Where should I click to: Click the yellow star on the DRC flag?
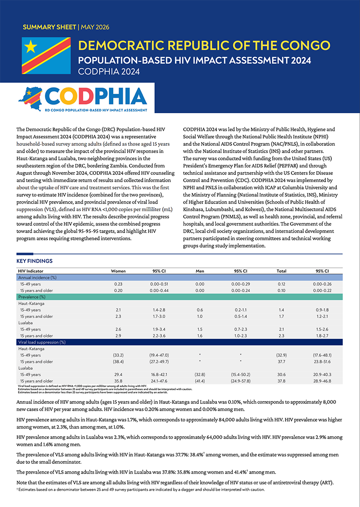tap(31, 47)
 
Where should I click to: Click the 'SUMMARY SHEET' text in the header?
tap(50, 27)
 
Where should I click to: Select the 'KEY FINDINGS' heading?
tap(34, 261)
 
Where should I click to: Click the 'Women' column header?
tap(118, 271)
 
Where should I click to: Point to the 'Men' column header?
tap(200, 271)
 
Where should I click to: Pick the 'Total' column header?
tap(281, 271)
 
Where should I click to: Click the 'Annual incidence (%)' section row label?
tap(38, 278)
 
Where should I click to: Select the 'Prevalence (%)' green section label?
tap(32, 297)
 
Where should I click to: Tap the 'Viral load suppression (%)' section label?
tap(42, 342)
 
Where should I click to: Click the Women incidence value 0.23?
tap(118, 284)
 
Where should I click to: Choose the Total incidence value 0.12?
tap(281, 284)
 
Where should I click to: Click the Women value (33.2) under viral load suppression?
tap(118, 355)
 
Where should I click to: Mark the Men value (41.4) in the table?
tap(200, 381)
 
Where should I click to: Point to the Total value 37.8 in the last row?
tap(281, 381)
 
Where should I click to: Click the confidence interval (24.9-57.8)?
tap(240, 381)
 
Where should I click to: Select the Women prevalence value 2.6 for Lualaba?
tap(118, 329)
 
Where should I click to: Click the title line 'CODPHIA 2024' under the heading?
tap(109, 71)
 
